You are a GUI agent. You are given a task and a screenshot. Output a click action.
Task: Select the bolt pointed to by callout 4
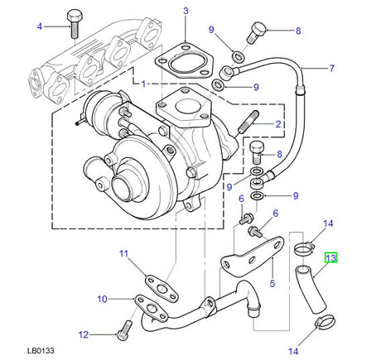coord(71,23)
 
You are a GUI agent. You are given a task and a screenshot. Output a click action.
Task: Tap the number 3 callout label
coord(186,11)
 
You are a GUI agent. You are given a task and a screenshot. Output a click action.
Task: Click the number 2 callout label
coord(278,125)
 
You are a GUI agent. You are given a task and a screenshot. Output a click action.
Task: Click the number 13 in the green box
coord(330,259)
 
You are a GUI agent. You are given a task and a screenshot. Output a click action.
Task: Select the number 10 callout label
coord(103,298)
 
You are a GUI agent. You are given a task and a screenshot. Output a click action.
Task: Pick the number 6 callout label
coord(241,199)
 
